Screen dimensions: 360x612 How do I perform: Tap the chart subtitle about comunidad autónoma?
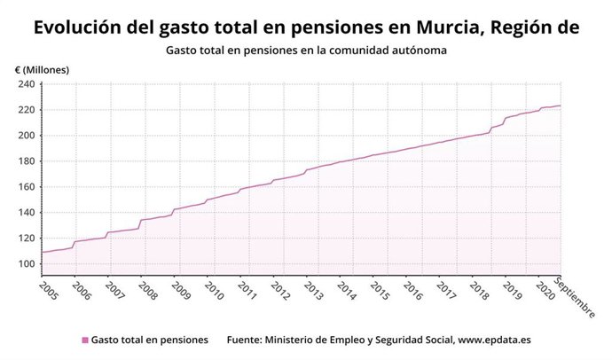click(x=305, y=51)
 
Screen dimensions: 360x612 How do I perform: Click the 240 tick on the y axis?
click(x=26, y=84)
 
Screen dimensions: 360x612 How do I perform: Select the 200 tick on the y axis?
click(x=26, y=136)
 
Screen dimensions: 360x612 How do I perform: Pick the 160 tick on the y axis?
click(x=26, y=187)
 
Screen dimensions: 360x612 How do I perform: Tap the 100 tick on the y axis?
click(x=26, y=264)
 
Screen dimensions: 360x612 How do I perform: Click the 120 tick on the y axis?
click(x=26, y=239)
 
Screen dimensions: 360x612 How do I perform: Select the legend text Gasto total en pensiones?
click(x=149, y=340)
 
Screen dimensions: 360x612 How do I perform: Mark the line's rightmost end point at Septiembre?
click(x=561, y=106)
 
